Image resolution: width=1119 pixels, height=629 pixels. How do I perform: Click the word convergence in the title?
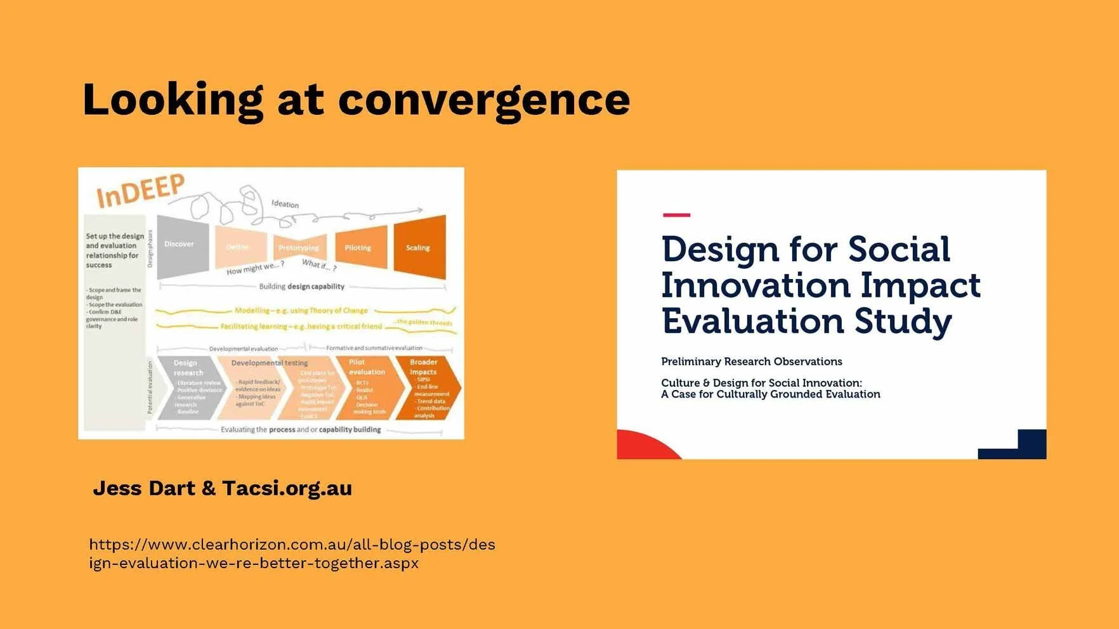pyautogui.click(x=483, y=100)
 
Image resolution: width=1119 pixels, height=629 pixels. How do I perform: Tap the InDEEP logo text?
pyautogui.click(x=140, y=190)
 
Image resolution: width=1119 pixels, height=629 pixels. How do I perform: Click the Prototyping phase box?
pyautogui.click(x=299, y=248)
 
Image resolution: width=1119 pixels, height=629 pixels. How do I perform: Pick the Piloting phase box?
pyautogui.click(x=359, y=247)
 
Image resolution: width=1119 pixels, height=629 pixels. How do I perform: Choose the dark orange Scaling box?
pyautogui.click(x=419, y=247)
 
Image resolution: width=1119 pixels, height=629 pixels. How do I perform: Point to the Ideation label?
pyautogui.click(x=285, y=204)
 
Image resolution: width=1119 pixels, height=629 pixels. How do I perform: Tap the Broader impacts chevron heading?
pyautogui.click(x=423, y=366)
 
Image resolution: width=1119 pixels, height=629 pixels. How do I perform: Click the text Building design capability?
pyautogui.click(x=301, y=287)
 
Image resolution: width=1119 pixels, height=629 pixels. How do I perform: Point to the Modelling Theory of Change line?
pyautogui.click(x=301, y=311)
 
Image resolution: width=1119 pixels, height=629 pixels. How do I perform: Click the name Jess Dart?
pyautogui.click(x=144, y=488)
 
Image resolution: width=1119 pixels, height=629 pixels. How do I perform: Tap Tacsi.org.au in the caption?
pyautogui.click(x=287, y=488)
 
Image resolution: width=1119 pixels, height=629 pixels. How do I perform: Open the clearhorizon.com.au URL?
pyautogui.click(x=292, y=554)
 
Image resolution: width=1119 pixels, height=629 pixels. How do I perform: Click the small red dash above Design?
pyautogui.click(x=676, y=215)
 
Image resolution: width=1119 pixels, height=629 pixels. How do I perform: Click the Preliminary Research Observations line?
pyautogui.click(x=751, y=361)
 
